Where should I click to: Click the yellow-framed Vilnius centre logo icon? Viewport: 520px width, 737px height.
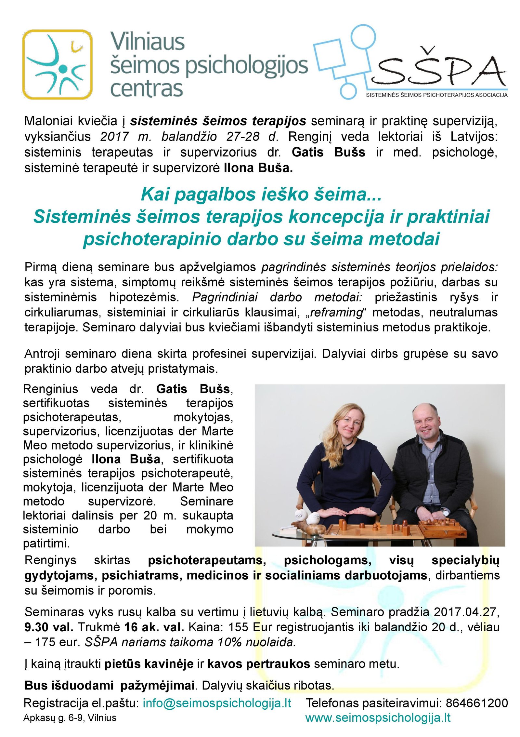point(57,64)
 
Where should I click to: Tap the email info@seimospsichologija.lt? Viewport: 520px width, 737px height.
point(217,703)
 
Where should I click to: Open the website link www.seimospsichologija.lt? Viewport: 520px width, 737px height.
point(378,717)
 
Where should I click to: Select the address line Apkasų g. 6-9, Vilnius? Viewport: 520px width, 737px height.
point(70,718)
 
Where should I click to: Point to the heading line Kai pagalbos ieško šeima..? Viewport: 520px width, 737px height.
point(261,194)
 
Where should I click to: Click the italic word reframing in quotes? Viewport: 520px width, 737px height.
point(336,313)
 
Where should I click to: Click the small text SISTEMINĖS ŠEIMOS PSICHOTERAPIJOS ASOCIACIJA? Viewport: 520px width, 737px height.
point(436,95)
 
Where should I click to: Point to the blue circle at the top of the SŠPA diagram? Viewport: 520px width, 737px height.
point(363,36)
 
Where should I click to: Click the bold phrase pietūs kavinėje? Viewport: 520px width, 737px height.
point(149,663)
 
